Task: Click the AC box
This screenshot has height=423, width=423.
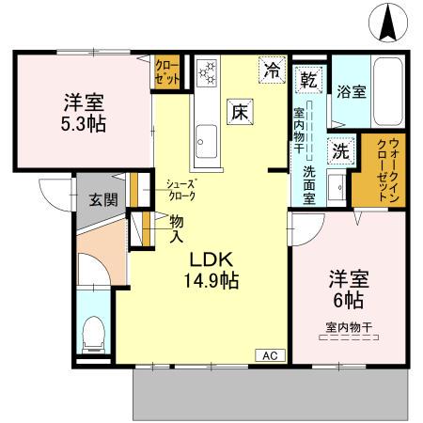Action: [270, 356]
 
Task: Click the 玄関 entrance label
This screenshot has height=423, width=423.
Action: [103, 199]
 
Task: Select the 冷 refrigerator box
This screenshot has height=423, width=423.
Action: [273, 70]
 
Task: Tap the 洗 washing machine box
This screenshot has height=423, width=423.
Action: [337, 149]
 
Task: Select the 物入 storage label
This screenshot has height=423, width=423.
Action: [176, 227]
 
